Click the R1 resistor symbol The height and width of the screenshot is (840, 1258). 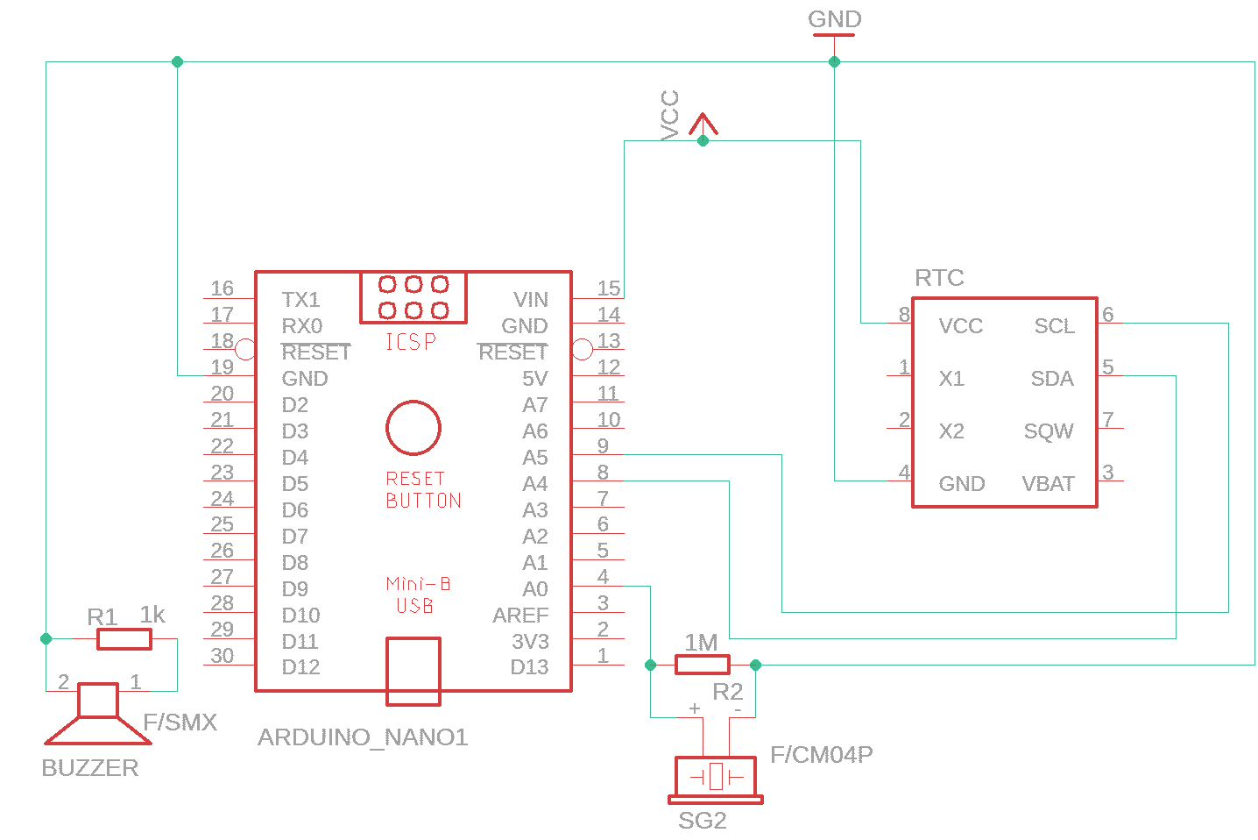pyautogui.click(x=124, y=639)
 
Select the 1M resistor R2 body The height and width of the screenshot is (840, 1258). pyautogui.click(x=702, y=665)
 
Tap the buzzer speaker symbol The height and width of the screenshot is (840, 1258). pyautogui.click(x=98, y=713)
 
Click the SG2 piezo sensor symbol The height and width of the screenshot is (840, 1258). pyautogui.click(x=716, y=778)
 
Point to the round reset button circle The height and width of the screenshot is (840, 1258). pyautogui.click(x=413, y=428)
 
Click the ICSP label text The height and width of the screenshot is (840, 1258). pyautogui.click(x=411, y=342)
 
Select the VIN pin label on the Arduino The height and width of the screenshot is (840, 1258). pyautogui.click(x=531, y=300)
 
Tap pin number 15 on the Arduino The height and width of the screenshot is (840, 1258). pyautogui.click(x=608, y=288)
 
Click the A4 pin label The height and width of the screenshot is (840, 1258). pyautogui.click(x=534, y=484)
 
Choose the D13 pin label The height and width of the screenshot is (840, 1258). pyautogui.click(x=529, y=667)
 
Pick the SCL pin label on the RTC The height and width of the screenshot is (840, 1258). pyautogui.click(x=1054, y=326)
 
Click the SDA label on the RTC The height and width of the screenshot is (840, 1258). pyautogui.click(x=1052, y=379)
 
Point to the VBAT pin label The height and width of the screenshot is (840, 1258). pyautogui.click(x=1048, y=484)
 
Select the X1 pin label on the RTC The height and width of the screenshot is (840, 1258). pyautogui.click(x=951, y=379)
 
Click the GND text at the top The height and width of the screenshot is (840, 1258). pyautogui.click(x=834, y=19)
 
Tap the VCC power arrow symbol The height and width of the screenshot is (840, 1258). pyautogui.click(x=703, y=125)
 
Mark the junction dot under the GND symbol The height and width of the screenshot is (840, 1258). pyautogui.click(x=834, y=61)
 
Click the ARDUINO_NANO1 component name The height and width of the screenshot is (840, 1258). pyautogui.click(x=363, y=737)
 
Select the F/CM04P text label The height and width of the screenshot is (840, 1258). pyautogui.click(x=821, y=755)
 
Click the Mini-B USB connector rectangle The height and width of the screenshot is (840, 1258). pyautogui.click(x=413, y=671)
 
